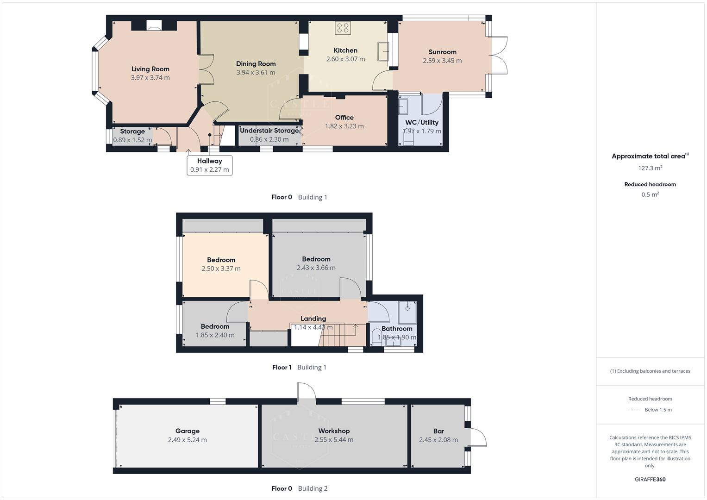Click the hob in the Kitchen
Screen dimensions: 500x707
(x=343, y=28)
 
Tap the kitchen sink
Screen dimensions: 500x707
(x=383, y=51)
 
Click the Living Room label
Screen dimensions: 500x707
(x=150, y=69)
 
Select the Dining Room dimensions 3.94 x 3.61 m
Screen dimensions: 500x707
(x=256, y=73)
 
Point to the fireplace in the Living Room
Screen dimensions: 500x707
(x=154, y=25)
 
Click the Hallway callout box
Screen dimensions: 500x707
(x=209, y=165)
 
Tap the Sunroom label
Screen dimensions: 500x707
(x=442, y=52)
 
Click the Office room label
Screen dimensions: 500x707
(x=344, y=118)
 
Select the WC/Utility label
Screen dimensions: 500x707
(x=421, y=123)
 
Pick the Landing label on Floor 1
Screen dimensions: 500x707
(x=313, y=319)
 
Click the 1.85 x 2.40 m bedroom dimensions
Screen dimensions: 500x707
(x=215, y=335)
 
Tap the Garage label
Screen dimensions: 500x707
(x=187, y=431)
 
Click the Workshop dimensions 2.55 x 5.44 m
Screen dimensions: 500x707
(x=333, y=440)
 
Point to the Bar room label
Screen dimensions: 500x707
(x=438, y=431)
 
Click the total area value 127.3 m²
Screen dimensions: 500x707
(x=650, y=168)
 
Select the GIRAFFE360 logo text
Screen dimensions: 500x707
(x=650, y=480)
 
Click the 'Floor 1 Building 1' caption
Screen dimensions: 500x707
(x=299, y=368)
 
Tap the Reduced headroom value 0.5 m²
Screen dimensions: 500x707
(x=650, y=194)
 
